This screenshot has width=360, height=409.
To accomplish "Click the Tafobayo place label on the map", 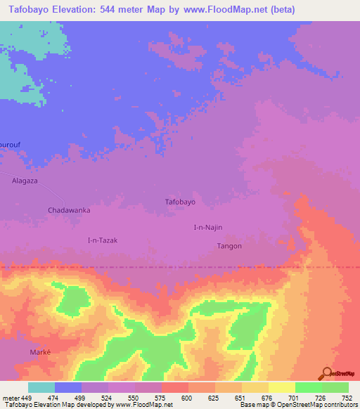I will click(x=179, y=202).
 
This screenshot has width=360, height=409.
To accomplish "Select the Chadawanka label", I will click(x=69, y=210).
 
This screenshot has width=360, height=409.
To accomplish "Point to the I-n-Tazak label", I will click(x=102, y=240).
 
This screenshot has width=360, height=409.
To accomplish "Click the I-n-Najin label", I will click(x=208, y=228).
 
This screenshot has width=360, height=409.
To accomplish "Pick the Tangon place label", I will click(x=229, y=246).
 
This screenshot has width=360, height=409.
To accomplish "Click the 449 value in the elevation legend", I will click(x=27, y=398).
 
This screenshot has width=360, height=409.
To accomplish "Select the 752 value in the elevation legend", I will click(x=347, y=398).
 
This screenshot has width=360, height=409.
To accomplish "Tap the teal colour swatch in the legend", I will click(x=41, y=387).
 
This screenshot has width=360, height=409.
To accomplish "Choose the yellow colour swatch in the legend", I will click(x=281, y=387).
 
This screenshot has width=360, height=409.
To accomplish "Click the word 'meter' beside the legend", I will click(x=10, y=398).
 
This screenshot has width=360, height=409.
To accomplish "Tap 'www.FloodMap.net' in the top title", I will click(x=222, y=10).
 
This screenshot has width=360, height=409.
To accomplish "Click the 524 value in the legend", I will click(x=108, y=398).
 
